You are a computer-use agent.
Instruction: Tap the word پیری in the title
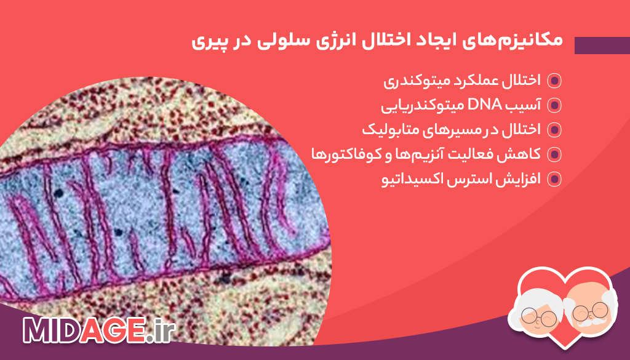coord(207,42)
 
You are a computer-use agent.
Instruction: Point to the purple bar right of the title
coord(602,45)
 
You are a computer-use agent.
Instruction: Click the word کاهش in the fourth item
coord(522,154)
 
